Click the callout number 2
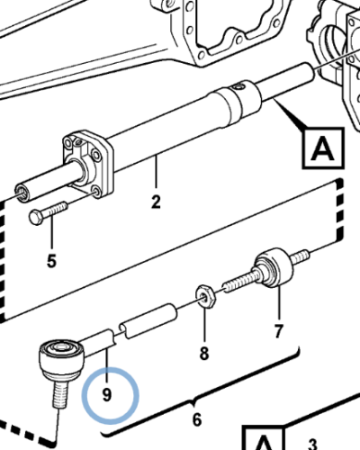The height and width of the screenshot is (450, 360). pyautogui.click(x=156, y=202)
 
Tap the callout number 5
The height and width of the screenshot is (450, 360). pyautogui.click(x=51, y=261)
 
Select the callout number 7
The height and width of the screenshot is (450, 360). pyautogui.click(x=278, y=331)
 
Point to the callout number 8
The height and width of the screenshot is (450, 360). pyautogui.click(x=204, y=354)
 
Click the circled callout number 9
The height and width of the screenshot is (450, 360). pyautogui.click(x=107, y=395)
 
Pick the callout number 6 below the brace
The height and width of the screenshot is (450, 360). pyautogui.click(x=197, y=419)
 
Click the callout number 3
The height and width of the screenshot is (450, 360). pyautogui.click(x=312, y=445)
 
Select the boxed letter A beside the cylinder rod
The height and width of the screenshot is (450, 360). pyautogui.click(x=323, y=148)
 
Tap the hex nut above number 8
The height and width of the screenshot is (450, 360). pyautogui.click(x=205, y=295)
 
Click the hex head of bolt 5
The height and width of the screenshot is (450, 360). pyautogui.click(x=35, y=218)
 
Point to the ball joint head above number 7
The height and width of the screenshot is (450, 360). pyautogui.click(x=274, y=267)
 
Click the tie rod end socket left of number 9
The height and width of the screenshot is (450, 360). pyautogui.click(x=61, y=359)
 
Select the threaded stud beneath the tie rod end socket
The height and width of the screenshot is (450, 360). pyautogui.click(x=61, y=393)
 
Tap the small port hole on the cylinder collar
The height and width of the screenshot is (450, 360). pyautogui.click(x=239, y=87)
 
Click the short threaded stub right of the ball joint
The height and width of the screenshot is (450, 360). pyautogui.click(x=299, y=257)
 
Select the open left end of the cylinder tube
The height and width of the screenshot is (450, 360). pyautogui.click(x=22, y=193)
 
